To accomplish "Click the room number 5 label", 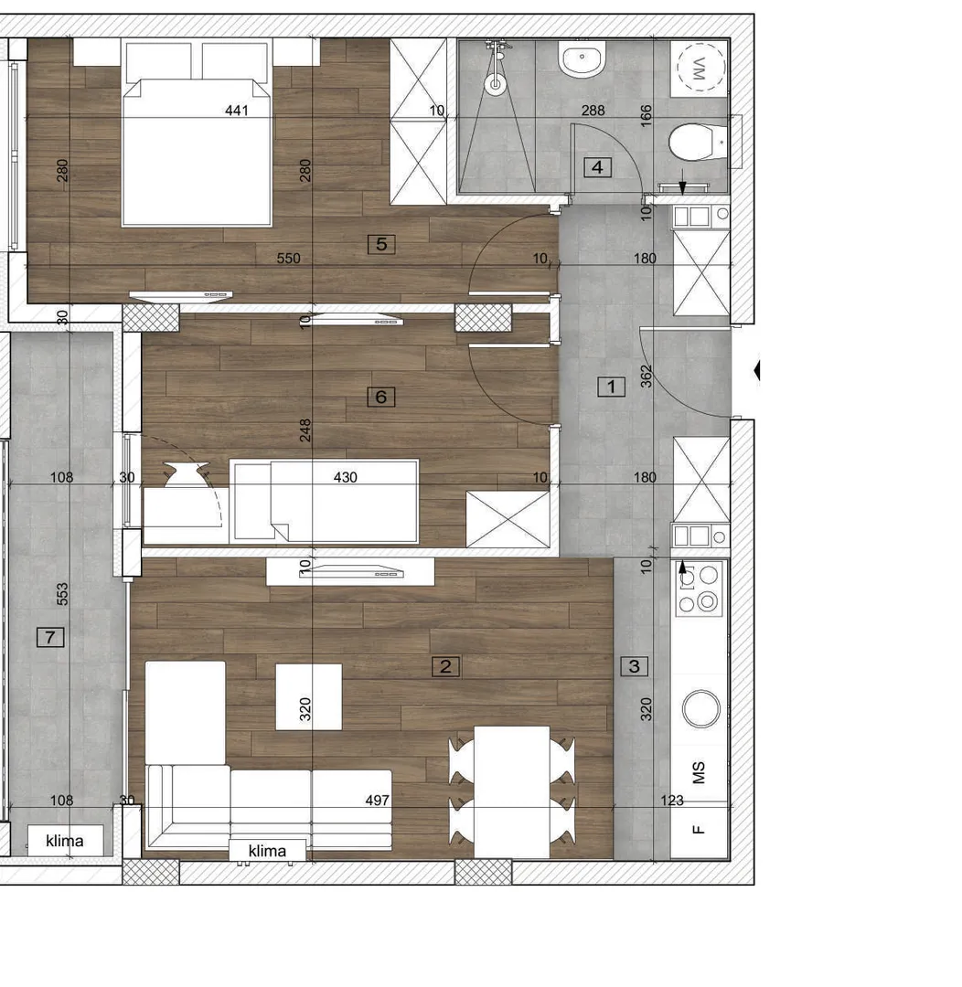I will tap(381, 244).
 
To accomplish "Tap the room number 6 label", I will tap(381, 397).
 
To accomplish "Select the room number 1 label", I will tap(611, 387).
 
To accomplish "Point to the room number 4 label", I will tap(597, 167).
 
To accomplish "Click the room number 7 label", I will tap(50, 638).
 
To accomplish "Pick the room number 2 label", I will tap(445, 666).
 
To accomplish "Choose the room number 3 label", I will tap(635, 666).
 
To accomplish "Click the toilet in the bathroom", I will tap(693, 143).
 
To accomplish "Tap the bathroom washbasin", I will tap(583, 60).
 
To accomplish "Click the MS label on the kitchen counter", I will tap(700, 774).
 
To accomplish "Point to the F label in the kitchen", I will tap(700, 830).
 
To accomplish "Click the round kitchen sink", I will tap(700, 707).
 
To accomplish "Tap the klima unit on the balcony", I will tap(64, 841).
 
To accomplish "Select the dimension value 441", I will tap(237, 111).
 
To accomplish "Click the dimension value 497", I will tap(377, 801).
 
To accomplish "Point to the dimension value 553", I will tap(62, 595).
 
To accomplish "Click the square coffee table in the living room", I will tap(309, 696).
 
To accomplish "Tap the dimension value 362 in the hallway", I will tap(647, 377).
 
